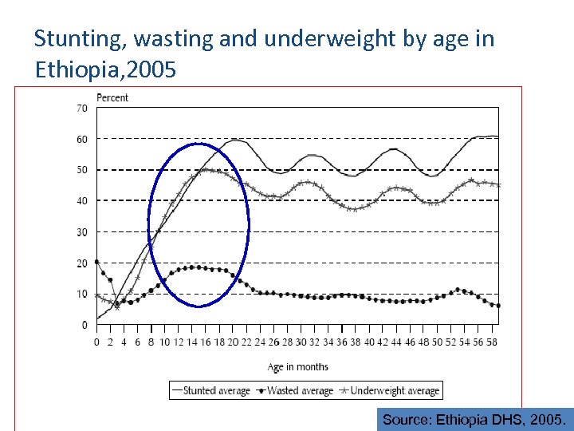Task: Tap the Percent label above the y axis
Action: point(112,97)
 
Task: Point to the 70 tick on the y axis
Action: point(81,108)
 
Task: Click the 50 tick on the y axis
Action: point(81,170)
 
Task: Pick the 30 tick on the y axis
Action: point(81,232)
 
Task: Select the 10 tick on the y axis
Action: point(81,295)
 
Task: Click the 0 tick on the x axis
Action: point(96,342)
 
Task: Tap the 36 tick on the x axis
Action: point(341,342)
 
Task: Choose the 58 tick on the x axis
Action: point(491,342)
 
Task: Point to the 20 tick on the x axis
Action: point(233,342)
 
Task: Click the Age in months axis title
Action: point(297,367)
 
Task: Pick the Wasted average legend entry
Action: point(293,390)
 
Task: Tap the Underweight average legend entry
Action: point(388,390)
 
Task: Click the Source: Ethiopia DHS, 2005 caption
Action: point(475,419)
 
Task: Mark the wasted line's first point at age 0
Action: point(96,262)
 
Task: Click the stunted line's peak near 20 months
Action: point(236,140)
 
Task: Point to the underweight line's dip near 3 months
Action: point(117,307)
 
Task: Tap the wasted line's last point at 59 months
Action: point(498,306)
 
